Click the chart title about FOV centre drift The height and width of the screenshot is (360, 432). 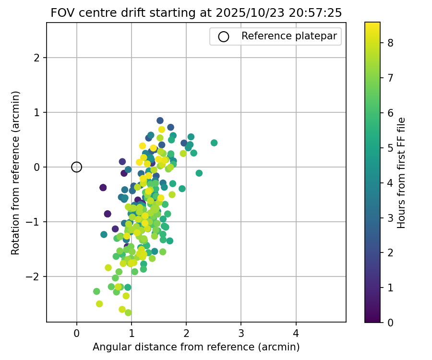pyautogui.click(x=196, y=13)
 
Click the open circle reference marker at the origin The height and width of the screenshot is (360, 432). pyautogui.click(x=77, y=167)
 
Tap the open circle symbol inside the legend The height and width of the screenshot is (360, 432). pyautogui.click(x=223, y=36)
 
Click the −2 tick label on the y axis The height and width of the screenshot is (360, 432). pyautogui.click(x=37, y=276)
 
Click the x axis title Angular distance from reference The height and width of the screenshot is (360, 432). pyautogui.click(x=196, y=347)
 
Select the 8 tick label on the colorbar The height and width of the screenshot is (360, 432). pyautogui.click(x=391, y=43)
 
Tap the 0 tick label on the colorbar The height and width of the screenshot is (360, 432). pyautogui.click(x=391, y=322)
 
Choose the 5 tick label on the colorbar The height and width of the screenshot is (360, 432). pyautogui.click(x=391, y=147)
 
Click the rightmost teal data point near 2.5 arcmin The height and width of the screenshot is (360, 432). pyautogui.click(x=214, y=143)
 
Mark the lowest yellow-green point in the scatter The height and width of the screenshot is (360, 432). pyautogui.click(x=128, y=312)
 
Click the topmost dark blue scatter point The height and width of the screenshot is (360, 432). pyautogui.click(x=160, y=120)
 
